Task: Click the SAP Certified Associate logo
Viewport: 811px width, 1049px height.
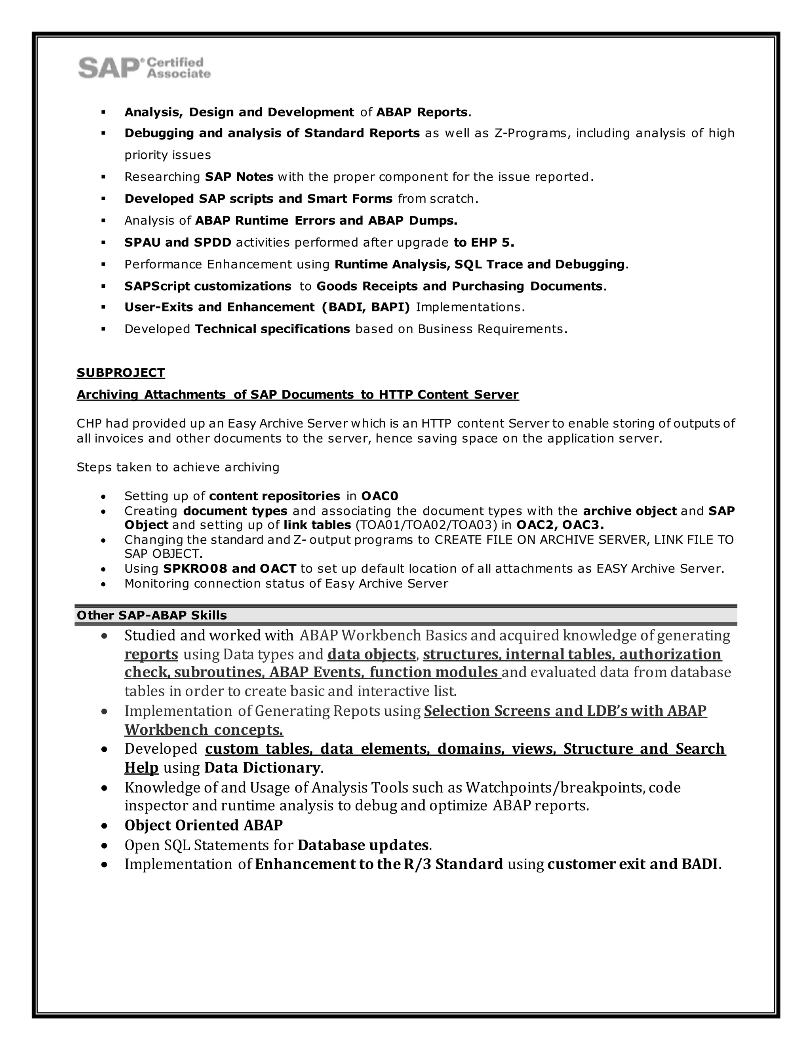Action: (x=144, y=68)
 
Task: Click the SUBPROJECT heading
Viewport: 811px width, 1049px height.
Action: (x=121, y=373)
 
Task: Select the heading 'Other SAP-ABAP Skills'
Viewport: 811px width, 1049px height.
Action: (x=151, y=615)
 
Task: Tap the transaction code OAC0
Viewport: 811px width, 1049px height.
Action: (x=379, y=496)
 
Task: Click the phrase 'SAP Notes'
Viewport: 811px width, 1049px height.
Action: (x=239, y=177)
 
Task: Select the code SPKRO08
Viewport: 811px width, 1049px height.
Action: (x=194, y=569)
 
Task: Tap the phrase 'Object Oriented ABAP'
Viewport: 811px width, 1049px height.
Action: (x=203, y=825)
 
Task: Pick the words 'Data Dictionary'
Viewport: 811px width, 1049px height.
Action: (x=261, y=768)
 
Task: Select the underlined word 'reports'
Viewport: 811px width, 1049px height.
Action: (x=151, y=654)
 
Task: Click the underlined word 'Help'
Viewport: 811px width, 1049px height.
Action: (x=141, y=768)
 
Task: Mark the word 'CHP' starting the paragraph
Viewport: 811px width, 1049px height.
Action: (x=88, y=424)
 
